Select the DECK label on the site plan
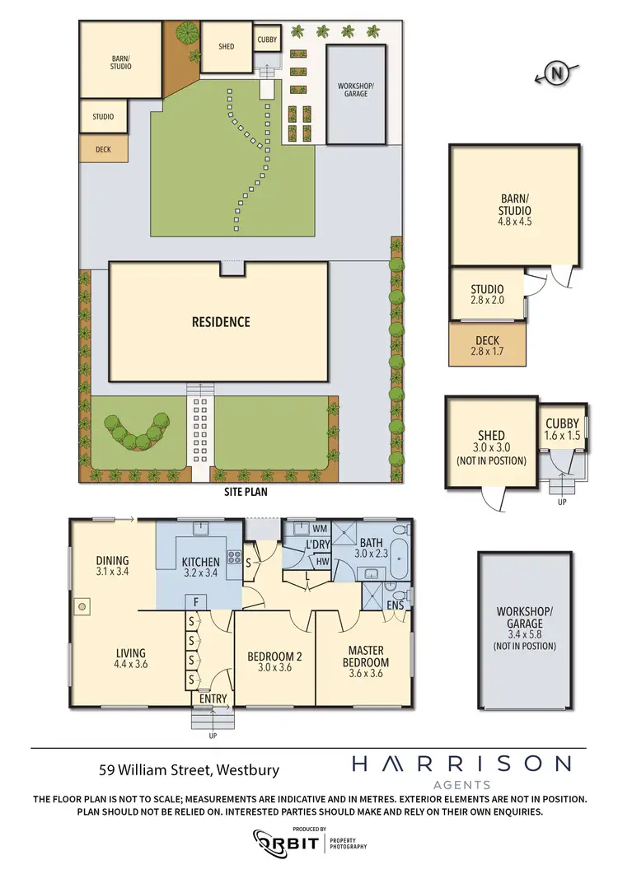tap(103, 149)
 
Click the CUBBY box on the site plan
tap(267, 39)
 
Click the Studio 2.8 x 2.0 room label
tap(486, 294)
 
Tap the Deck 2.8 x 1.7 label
tap(488, 345)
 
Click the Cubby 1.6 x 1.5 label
tap(562, 429)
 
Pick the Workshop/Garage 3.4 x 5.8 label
tap(525, 629)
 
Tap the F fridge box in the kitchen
tap(191, 601)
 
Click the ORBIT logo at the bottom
tap(285, 841)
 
